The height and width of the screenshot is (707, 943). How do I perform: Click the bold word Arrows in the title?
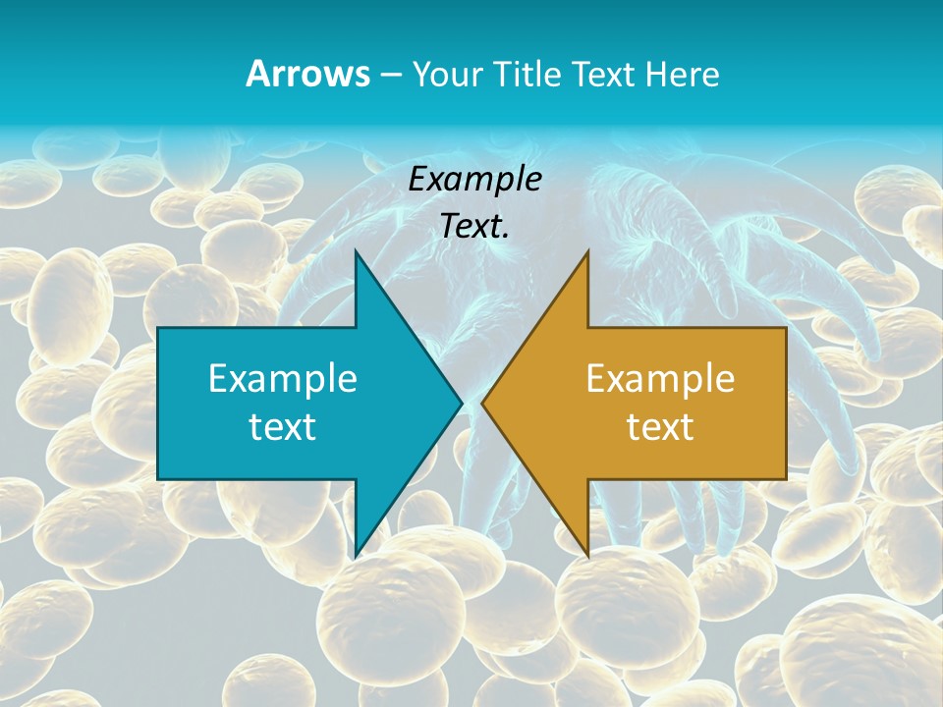tap(306, 74)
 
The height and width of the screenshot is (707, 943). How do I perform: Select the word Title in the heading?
tap(526, 74)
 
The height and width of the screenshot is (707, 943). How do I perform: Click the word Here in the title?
tap(682, 74)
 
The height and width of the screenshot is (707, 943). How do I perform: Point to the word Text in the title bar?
tap(603, 74)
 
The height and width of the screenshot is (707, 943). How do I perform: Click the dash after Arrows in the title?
tap(389, 75)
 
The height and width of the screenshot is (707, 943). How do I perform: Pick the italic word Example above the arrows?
tap(475, 179)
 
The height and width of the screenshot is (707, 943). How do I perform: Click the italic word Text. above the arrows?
tap(475, 226)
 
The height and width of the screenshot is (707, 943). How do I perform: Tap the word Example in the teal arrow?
tap(283, 378)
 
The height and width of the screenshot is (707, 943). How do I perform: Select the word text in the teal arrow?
tap(283, 426)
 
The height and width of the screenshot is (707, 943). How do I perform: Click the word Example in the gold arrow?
tap(660, 378)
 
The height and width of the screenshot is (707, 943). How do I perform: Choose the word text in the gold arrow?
tap(660, 426)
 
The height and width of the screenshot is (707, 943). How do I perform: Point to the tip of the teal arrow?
tap(460, 403)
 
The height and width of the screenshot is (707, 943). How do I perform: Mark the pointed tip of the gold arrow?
tap(484, 403)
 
